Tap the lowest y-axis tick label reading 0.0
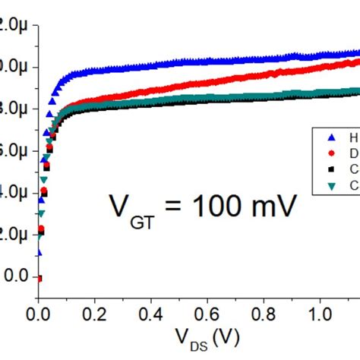[x=17, y=277]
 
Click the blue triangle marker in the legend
[x=330, y=138]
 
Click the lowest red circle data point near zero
[x=38, y=279]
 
